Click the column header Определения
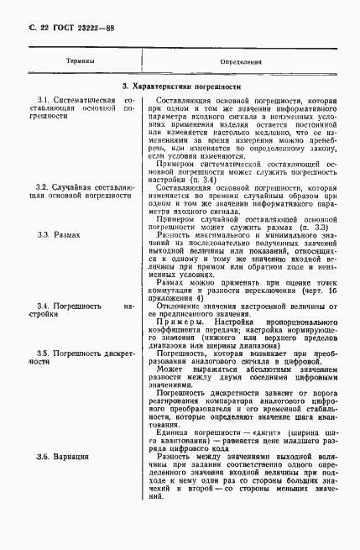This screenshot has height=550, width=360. (x=241, y=62)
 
